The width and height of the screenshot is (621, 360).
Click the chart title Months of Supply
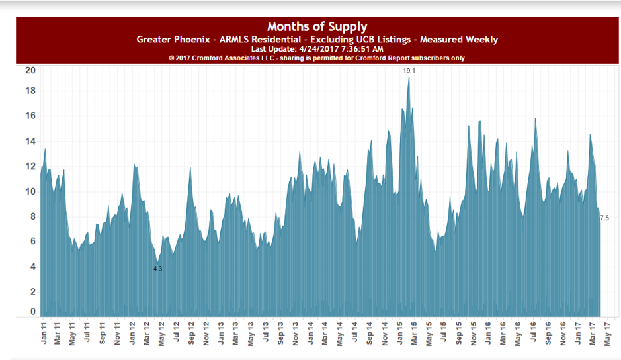(317, 26)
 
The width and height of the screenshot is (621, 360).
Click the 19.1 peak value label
(409, 70)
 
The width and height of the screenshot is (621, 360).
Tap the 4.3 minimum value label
(157, 269)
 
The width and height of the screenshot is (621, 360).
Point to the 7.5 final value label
(604, 218)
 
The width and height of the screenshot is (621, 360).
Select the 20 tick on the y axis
(30, 71)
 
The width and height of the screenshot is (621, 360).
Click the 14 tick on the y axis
(30, 142)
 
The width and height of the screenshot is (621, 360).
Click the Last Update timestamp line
(317, 49)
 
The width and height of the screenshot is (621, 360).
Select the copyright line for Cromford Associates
(317, 58)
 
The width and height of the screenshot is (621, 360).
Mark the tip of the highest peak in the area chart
(409, 78)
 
